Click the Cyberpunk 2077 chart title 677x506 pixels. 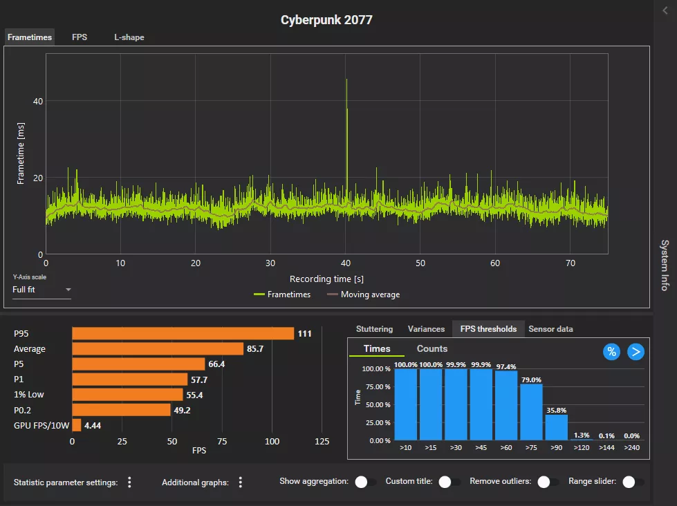point(326,20)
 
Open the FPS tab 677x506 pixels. point(80,37)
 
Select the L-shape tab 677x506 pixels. point(129,37)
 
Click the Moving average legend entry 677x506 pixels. point(363,294)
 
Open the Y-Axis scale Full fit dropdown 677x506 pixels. point(41,290)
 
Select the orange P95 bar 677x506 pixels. point(183,334)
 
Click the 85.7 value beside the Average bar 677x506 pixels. point(256,349)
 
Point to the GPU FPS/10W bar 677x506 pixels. point(77,425)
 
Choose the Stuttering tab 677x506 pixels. point(374,329)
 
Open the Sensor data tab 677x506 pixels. point(550,329)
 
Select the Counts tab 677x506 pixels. point(432,349)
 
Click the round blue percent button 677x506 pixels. point(611,352)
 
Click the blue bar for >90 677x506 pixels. point(556,427)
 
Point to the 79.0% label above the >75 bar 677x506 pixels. point(531,379)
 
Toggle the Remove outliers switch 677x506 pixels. point(549,482)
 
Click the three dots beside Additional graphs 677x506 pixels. point(241,482)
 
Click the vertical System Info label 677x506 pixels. point(664,265)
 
